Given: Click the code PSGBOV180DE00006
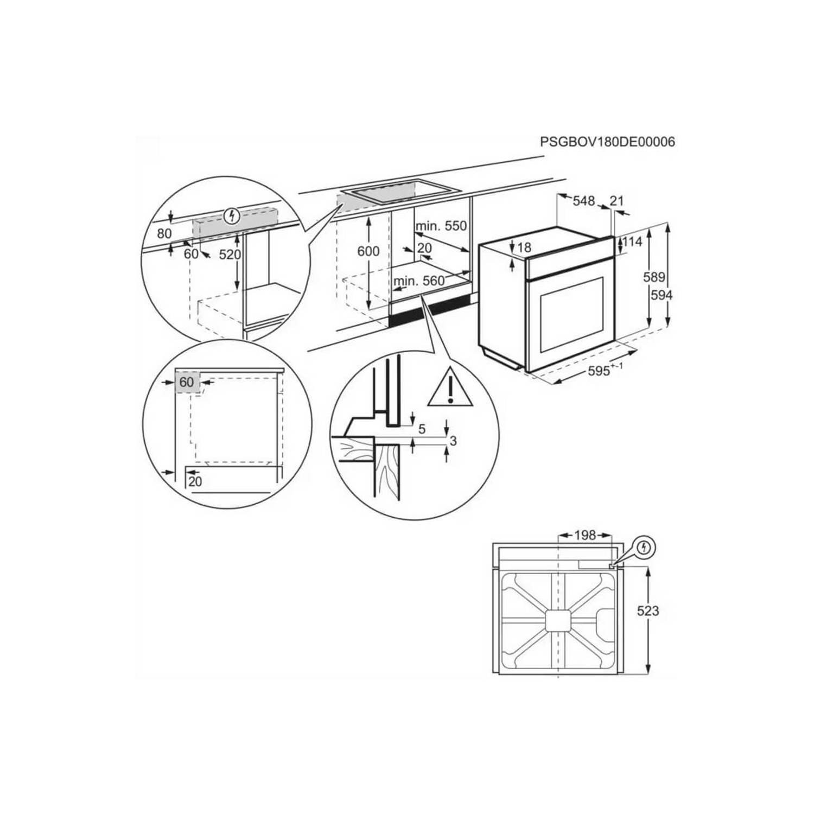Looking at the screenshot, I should (607, 142).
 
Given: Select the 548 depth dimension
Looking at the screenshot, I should (584, 201).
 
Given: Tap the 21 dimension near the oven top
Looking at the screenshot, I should (616, 201).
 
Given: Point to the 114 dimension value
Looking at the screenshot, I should (632, 241).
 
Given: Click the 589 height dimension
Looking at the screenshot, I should (654, 277).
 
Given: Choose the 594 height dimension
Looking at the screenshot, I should (662, 295).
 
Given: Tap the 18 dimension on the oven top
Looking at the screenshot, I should (524, 247).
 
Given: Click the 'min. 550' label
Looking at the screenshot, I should (441, 226).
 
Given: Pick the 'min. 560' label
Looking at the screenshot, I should (419, 281).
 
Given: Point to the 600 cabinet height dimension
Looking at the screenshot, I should (368, 251).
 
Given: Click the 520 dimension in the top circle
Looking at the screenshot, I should (230, 254).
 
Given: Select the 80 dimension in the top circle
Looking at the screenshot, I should (164, 233).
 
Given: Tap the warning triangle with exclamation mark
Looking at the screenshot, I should (450, 389).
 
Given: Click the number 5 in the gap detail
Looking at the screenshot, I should (422, 429).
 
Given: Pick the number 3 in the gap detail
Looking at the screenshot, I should (453, 441).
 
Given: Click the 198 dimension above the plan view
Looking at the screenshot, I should (585, 535).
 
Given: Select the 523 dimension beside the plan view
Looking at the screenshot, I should (648, 611).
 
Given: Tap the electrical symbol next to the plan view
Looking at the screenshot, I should (644, 547).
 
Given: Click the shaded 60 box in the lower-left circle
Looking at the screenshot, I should (187, 382).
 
